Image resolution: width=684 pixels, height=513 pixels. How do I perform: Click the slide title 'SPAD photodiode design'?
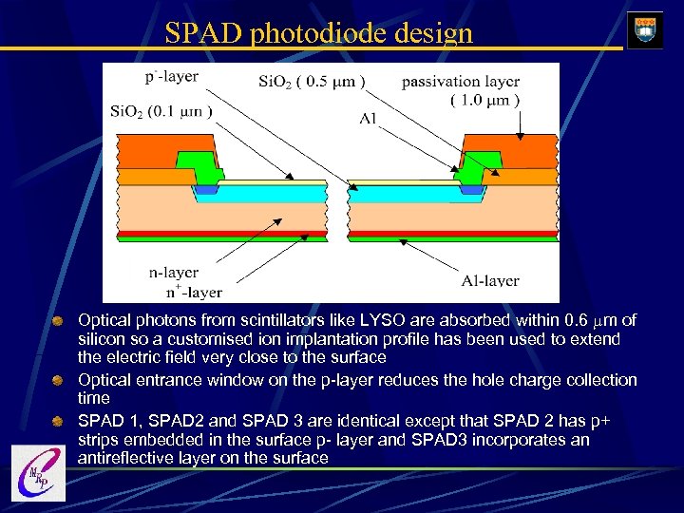[x=318, y=33]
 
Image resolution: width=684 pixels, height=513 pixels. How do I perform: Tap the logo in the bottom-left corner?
[x=38, y=472]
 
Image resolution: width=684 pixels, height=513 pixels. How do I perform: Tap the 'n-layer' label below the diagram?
[x=174, y=273]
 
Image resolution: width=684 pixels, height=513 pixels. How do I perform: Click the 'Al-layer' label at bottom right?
[x=489, y=280]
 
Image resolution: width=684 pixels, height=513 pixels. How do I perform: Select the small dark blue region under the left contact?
[x=205, y=190]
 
